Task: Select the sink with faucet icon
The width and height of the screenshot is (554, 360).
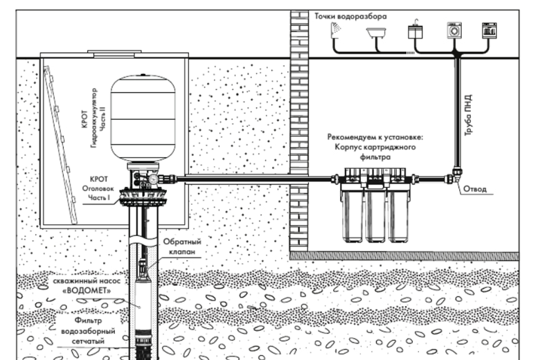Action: click(x=415, y=30)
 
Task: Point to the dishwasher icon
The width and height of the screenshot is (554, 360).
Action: click(x=490, y=30)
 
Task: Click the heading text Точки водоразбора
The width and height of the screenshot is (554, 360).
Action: click(x=350, y=15)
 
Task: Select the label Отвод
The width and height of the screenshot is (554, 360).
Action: click(x=476, y=189)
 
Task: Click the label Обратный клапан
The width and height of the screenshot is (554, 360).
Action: click(x=182, y=248)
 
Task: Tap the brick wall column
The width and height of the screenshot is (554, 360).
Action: click(x=298, y=125)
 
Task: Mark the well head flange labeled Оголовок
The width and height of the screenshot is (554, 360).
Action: click(x=141, y=198)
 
